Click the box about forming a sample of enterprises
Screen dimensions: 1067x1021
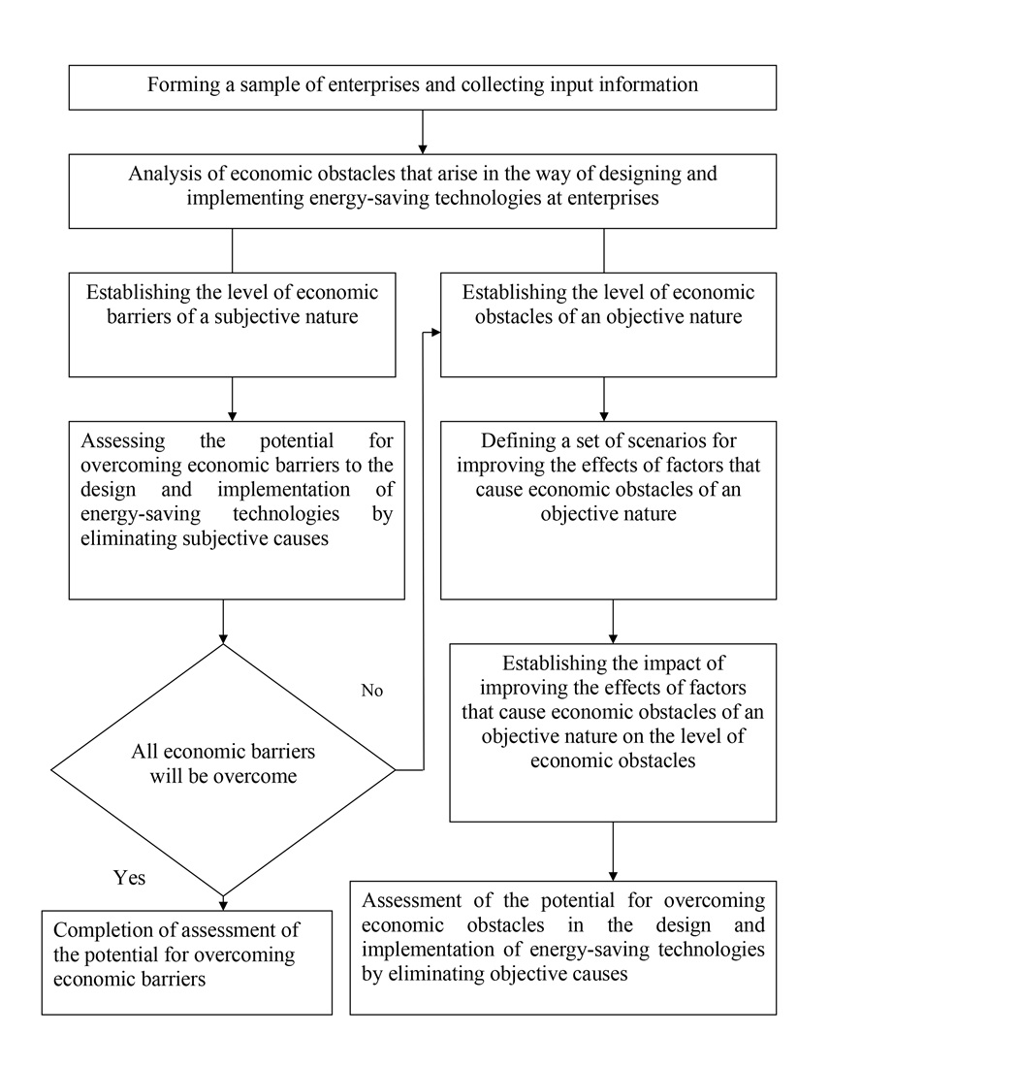point(422,87)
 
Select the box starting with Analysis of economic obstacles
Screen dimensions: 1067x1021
point(422,191)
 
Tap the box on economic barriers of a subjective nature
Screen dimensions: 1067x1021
point(232,324)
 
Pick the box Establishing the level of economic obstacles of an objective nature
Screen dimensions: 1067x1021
point(608,324)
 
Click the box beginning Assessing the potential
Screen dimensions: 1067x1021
point(237,509)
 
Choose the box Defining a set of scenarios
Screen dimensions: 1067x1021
point(608,509)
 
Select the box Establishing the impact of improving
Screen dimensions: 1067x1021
point(613,732)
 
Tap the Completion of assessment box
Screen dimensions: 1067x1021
point(187,962)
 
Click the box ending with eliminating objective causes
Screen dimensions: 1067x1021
point(562,947)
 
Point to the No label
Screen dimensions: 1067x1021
point(372,691)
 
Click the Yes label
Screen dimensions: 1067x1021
point(129,877)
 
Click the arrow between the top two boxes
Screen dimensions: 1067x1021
point(423,132)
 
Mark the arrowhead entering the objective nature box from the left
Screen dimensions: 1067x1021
point(434,333)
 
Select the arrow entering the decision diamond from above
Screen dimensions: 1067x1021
point(224,623)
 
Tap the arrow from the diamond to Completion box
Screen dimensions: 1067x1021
point(224,901)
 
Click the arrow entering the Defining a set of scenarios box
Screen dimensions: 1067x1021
point(604,400)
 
